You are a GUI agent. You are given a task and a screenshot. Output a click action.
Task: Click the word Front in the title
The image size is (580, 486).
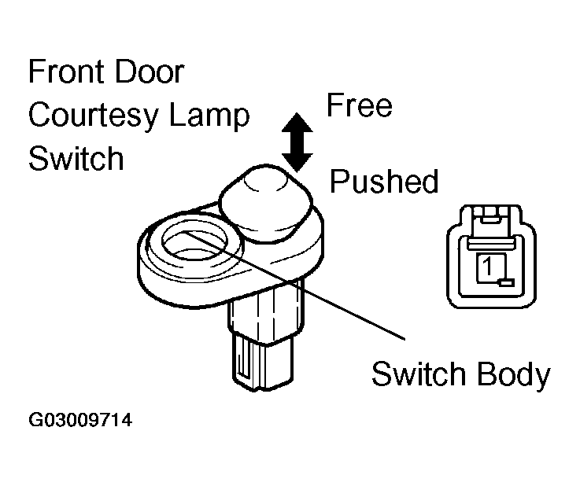pyautogui.click(x=65, y=72)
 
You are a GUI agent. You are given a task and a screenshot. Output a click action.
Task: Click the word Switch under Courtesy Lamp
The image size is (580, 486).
pyautogui.click(x=76, y=158)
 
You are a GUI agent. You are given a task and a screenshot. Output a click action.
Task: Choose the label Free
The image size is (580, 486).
pyautogui.click(x=359, y=105)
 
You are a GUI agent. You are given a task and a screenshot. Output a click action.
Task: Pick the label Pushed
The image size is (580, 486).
pyautogui.click(x=384, y=181)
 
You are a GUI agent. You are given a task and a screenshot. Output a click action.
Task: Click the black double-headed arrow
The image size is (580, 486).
pyautogui.click(x=297, y=142)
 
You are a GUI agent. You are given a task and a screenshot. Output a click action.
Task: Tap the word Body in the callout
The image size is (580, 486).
pyautogui.click(x=513, y=375)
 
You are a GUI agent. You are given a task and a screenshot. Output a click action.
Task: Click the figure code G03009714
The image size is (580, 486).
pyautogui.click(x=80, y=420)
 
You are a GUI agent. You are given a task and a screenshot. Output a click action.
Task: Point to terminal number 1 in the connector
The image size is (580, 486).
pyautogui.click(x=488, y=266)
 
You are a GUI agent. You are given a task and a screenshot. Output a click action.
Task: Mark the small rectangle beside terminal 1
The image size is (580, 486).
pyautogui.click(x=506, y=283)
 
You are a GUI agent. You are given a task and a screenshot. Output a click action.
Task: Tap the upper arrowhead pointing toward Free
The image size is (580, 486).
pyautogui.click(x=297, y=122)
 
